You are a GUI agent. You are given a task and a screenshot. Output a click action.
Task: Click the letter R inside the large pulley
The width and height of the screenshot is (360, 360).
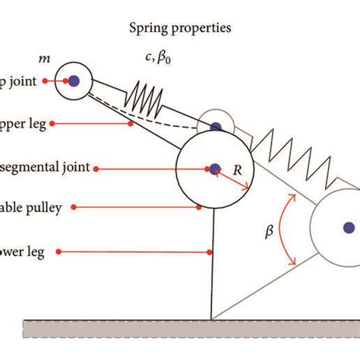click(x=238, y=172)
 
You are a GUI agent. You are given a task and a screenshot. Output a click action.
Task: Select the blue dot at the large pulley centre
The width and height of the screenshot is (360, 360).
click(x=214, y=169)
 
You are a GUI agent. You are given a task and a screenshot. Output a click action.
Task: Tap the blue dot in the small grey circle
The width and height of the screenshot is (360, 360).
click(x=216, y=127)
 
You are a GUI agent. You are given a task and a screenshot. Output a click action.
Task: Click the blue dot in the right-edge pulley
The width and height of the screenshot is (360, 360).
click(x=349, y=226)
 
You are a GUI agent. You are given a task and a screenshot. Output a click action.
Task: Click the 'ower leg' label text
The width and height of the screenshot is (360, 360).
click(x=23, y=251)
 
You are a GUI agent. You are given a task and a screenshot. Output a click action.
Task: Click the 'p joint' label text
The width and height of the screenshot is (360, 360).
click(x=20, y=80)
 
